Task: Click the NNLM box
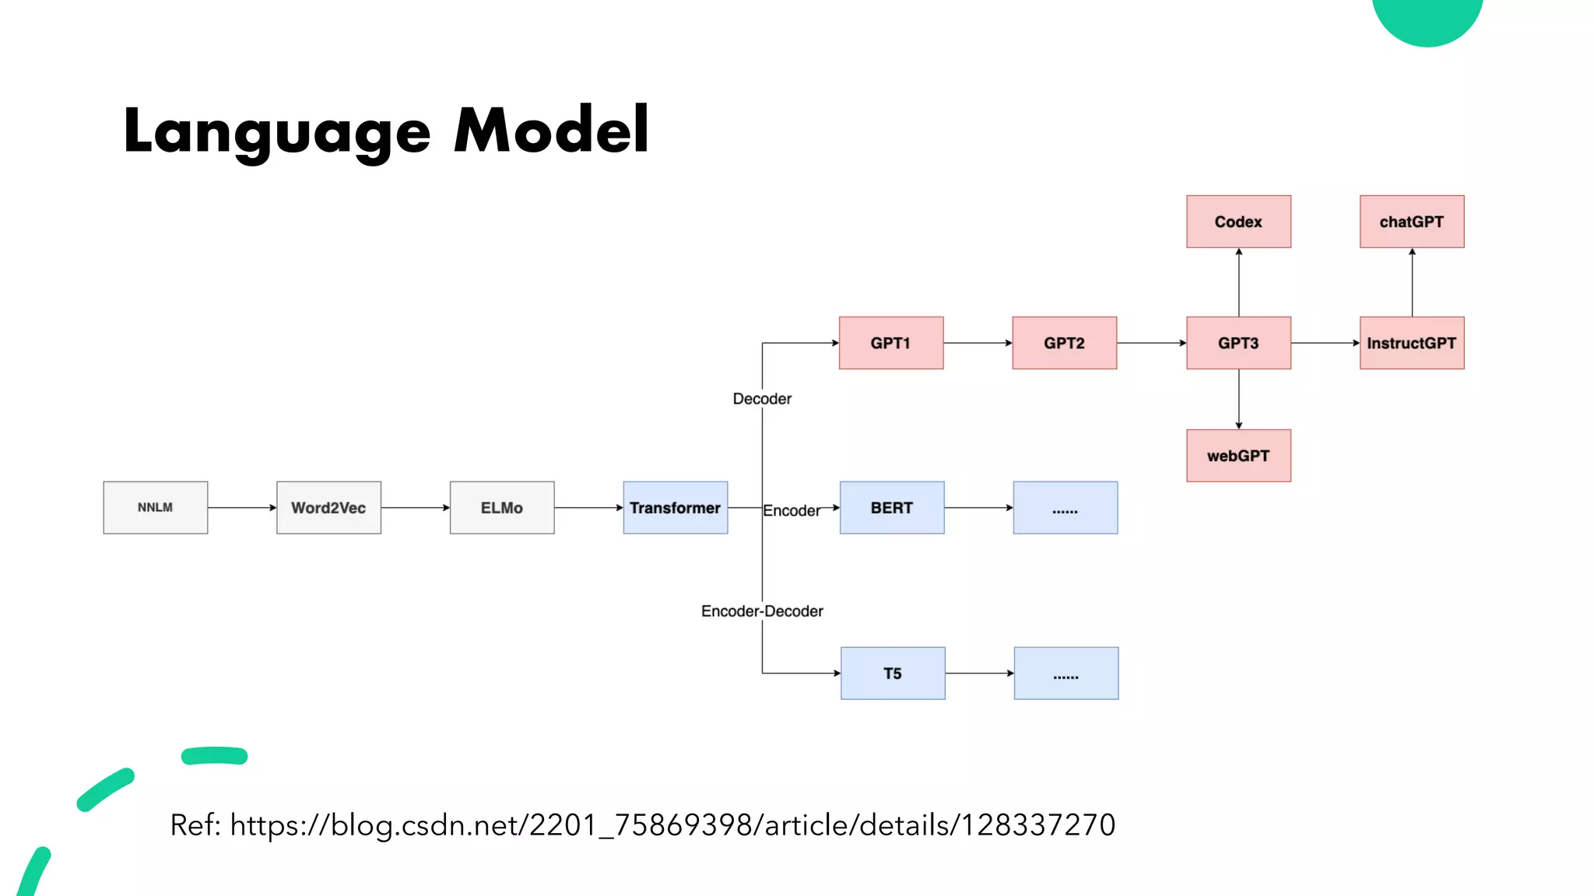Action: pyautogui.click(x=155, y=507)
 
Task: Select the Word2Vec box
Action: pyautogui.click(x=328, y=507)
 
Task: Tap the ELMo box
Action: pyautogui.click(x=502, y=507)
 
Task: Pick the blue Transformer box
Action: pyautogui.click(x=675, y=507)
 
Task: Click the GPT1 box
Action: pyautogui.click(x=890, y=342)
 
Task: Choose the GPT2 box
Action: pyautogui.click(x=1064, y=342)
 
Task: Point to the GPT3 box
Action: pyautogui.click(x=1238, y=342)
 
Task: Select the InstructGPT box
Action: pyautogui.click(x=1411, y=342)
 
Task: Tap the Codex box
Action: pyautogui.click(x=1238, y=222)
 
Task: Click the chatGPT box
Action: pyautogui.click(x=1411, y=222)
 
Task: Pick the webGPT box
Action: pyautogui.click(x=1238, y=456)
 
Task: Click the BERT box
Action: pyautogui.click(x=892, y=507)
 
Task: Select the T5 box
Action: pyautogui.click(x=893, y=673)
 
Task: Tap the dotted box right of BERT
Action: pyautogui.click(x=1065, y=507)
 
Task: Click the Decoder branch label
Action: pyautogui.click(x=762, y=399)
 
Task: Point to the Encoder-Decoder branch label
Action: pyautogui.click(x=762, y=611)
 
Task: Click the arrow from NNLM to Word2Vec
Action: pyautogui.click(x=242, y=507)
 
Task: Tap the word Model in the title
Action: pyautogui.click(x=551, y=130)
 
